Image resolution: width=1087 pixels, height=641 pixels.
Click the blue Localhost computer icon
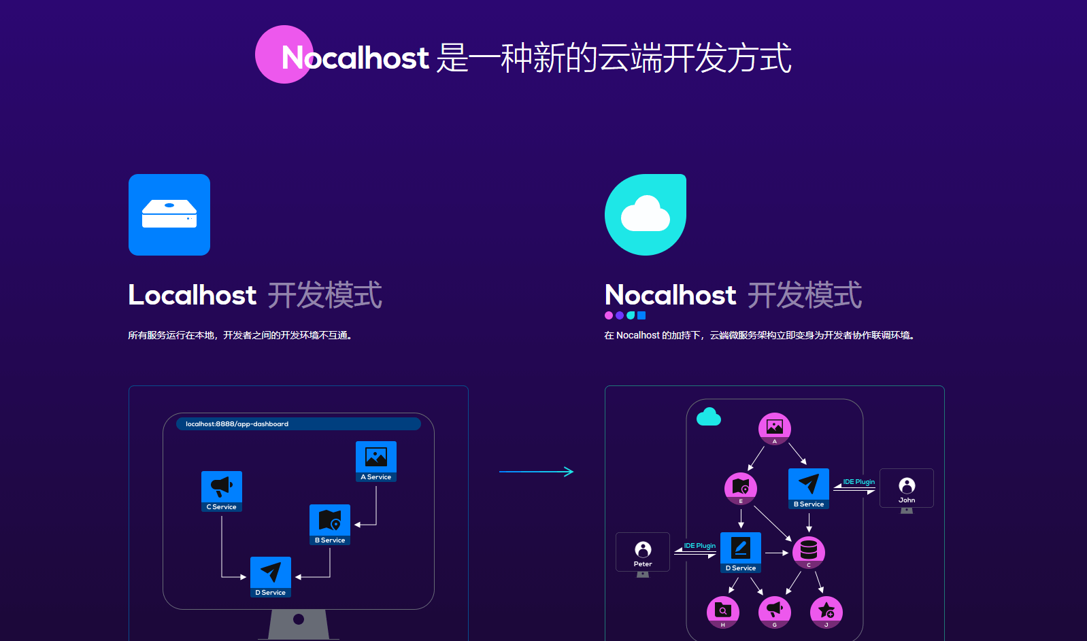(x=169, y=215)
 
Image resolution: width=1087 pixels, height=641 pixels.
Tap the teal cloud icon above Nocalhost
(x=646, y=215)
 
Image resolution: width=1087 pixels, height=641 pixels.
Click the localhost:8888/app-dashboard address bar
(x=299, y=424)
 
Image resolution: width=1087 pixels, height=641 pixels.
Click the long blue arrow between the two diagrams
(x=536, y=472)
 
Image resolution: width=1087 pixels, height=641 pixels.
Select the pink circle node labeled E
(x=741, y=489)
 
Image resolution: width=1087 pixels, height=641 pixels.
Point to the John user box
(x=907, y=488)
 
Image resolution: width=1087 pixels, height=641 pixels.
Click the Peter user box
(x=643, y=552)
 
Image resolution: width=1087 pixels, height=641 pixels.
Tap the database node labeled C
(x=809, y=552)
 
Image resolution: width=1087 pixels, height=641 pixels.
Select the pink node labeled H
(x=723, y=612)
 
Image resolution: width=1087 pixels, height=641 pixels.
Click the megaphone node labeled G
(x=775, y=612)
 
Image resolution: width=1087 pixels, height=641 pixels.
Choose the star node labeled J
(x=826, y=612)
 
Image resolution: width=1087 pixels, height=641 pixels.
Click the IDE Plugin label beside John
(x=859, y=482)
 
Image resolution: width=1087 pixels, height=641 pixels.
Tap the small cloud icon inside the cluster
(x=709, y=417)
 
